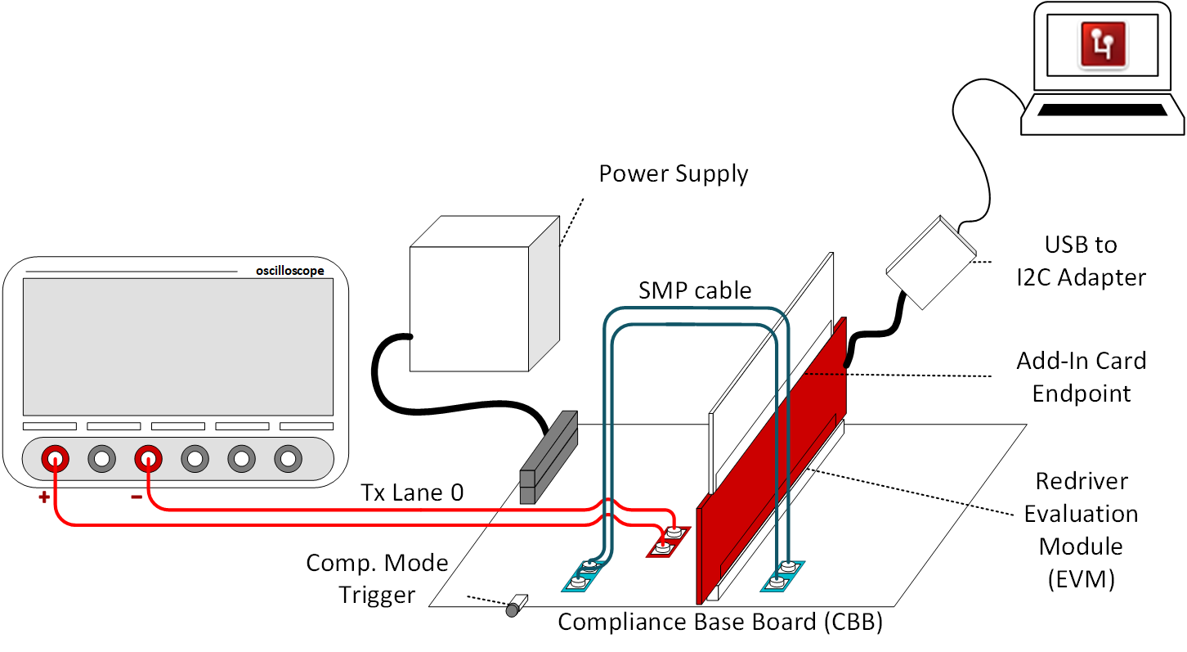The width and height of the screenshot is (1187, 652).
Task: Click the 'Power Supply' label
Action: tap(673, 174)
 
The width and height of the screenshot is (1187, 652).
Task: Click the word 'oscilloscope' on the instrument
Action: tap(289, 271)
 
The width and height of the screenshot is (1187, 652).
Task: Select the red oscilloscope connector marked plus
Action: tap(55, 458)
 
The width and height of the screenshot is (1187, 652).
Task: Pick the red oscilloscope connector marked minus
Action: tap(149, 458)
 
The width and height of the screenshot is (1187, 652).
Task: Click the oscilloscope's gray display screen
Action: tap(178, 347)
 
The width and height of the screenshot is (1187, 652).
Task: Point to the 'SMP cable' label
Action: tap(695, 291)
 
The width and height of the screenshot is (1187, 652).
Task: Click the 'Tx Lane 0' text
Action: tap(412, 492)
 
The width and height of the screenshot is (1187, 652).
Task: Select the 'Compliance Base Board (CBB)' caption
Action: tap(720, 623)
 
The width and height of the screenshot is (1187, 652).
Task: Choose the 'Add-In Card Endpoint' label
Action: tap(1081, 377)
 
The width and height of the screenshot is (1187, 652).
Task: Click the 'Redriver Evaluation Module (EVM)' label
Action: tap(1081, 529)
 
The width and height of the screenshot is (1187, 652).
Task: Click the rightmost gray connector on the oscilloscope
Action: tap(289, 458)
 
